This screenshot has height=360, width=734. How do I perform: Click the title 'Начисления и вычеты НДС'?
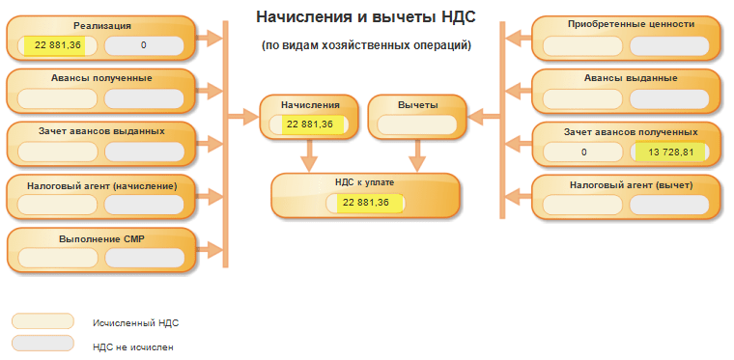coord(366,17)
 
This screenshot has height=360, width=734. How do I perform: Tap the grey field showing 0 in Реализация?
coord(144,45)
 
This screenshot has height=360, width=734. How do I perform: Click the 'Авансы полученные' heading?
coord(101,78)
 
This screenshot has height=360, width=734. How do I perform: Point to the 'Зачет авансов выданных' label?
coord(101,131)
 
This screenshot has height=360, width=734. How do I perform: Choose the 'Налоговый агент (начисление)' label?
coord(101,186)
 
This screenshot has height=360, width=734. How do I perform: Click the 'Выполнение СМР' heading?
coord(101,239)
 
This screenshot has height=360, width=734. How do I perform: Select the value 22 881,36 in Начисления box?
coord(309,125)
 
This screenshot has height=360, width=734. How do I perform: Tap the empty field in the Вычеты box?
coord(416,125)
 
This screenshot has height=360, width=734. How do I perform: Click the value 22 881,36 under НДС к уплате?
coord(366,203)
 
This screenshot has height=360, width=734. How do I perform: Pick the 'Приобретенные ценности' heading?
coord(631,24)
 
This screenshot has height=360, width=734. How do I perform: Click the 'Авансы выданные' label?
coord(631,78)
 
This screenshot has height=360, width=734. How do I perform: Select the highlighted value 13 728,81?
coord(671,152)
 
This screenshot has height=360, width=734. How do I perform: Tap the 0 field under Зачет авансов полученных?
coord(583,152)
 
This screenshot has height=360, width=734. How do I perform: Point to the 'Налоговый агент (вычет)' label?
coord(631,185)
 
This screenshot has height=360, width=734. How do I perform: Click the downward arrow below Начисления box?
coord(309,155)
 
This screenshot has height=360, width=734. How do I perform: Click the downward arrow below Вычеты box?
coord(417,155)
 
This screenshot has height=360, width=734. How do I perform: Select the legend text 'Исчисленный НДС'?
coord(136,323)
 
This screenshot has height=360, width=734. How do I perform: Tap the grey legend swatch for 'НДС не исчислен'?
coord(42,344)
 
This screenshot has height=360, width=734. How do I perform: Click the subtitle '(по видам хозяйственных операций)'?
coord(366,45)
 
